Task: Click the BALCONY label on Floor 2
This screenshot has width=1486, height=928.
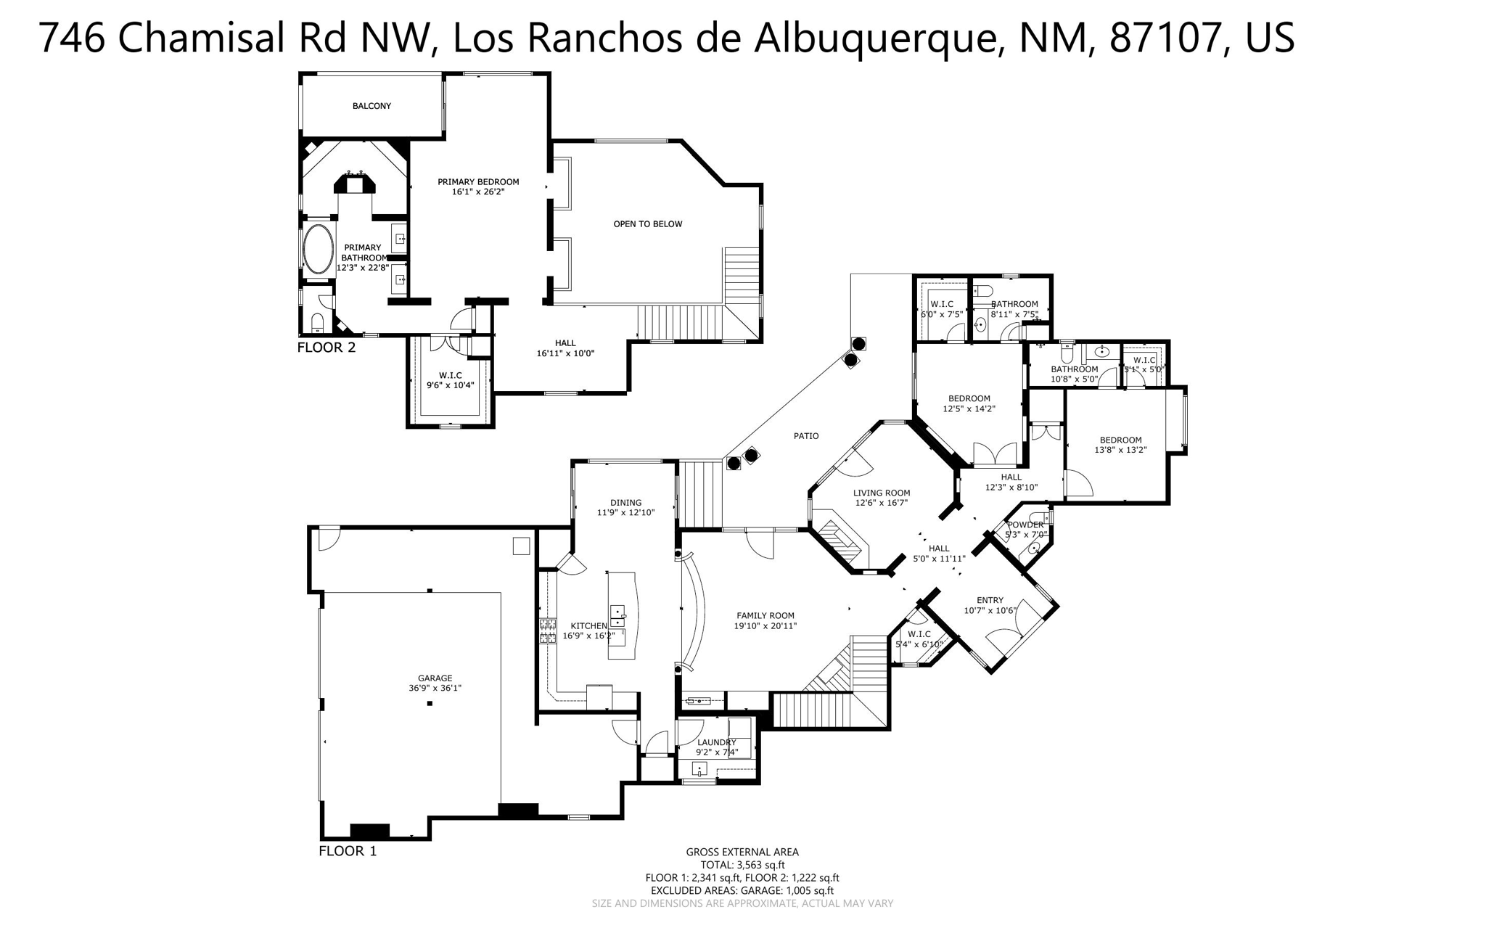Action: (x=371, y=106)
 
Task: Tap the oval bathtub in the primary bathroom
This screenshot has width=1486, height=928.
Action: (x=317, y=249)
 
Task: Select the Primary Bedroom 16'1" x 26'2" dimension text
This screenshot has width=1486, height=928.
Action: (x=477, y=192)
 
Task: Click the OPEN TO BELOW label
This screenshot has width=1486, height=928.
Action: (x=647, y=224)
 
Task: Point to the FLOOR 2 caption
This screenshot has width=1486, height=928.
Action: (x=327, y=348)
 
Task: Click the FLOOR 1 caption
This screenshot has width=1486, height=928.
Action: (x=348, y=851)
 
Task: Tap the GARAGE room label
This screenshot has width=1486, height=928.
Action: (x=435, y=678)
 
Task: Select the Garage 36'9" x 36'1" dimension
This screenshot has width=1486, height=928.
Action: (x=435, y=689)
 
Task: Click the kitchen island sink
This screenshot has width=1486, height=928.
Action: (x=617, y=616)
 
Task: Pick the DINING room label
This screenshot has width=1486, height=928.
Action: (x=625, y=503)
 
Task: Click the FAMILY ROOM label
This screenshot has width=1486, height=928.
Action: (x=765, y=615)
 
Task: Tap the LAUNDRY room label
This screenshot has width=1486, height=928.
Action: (x=716, y=742)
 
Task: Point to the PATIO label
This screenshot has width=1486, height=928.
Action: (x=805, y=436)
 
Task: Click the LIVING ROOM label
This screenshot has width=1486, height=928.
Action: (x=881, y=493)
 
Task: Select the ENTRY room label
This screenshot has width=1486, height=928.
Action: (x=990, y=600)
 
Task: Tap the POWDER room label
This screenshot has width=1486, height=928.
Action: (x=1025, y=525)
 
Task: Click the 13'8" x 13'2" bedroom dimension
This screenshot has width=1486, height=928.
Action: (x=1120, y=450)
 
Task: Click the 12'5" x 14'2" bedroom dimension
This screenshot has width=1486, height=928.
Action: (x=969, y=409)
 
